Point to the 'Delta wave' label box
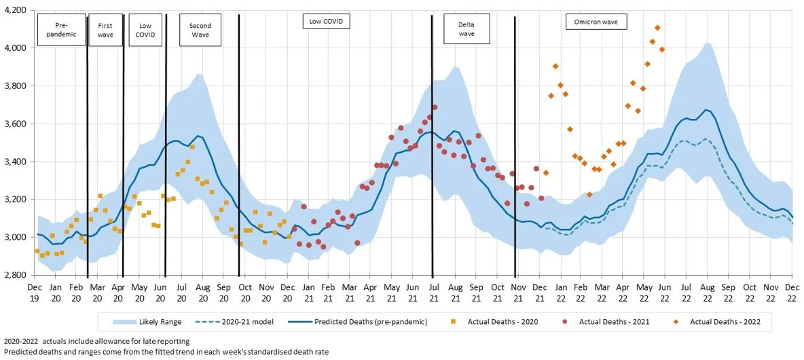click(x=467, y=29)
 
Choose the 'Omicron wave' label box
click(x=596, y=22)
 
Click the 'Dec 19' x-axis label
click(x=35, y=292)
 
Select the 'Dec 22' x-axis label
click(x=792, y=292)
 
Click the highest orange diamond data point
click(x=657, y=28)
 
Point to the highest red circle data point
click(x=435, y=107)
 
